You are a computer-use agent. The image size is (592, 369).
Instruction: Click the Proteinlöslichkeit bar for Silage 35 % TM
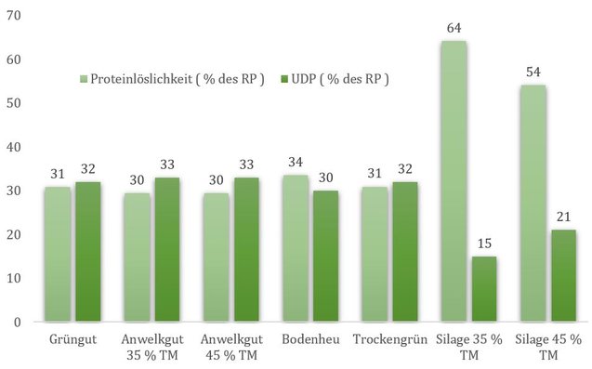point(454,181)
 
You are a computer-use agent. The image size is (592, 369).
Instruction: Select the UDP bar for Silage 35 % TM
point(484,289)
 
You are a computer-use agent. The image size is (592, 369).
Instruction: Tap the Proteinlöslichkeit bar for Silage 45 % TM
point(533,204)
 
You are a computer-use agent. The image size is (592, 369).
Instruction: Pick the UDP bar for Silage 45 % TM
point(563,276)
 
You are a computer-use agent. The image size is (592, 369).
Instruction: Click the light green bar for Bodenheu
point(296,248)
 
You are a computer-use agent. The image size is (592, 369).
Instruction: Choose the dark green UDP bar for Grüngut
point(88,252)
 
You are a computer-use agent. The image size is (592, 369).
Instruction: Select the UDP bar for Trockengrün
point(405,252)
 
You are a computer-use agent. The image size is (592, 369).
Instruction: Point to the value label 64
point(454,28)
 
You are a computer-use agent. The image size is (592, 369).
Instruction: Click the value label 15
point(484,244)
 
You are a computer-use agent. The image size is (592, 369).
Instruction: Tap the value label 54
point(533,72)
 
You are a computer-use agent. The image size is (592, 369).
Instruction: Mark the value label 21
point(564,217)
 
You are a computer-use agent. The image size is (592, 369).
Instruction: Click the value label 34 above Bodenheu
point(296,163)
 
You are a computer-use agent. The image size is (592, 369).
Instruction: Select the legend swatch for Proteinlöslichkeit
point(84,79)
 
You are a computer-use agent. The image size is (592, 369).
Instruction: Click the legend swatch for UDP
point(284,79)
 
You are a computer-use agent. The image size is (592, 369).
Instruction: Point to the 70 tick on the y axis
point(14,16)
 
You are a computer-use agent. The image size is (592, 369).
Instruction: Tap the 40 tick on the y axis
point(14,147)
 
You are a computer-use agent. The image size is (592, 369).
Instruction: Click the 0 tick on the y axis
point(18,323)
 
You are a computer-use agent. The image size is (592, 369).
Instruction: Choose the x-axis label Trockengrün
point(390,339)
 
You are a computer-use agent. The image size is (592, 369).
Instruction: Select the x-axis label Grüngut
point(72,339)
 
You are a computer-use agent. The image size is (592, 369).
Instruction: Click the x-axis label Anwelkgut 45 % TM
point(231,347)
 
